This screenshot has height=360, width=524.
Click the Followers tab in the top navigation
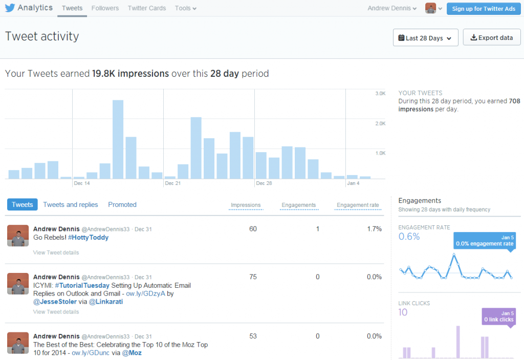[105, 8]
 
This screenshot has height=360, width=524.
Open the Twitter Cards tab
[147, 8]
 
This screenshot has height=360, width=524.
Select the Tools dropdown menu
[185, 8]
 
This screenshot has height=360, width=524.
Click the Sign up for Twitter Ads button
[484, 9]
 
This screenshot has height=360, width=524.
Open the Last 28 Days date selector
[425, 38]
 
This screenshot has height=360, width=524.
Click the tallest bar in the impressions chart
[118, 139]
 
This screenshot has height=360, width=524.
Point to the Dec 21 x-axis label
[173, 183]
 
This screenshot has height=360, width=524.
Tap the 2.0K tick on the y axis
[380, 123]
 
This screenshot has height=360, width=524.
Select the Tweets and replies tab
[71, 204]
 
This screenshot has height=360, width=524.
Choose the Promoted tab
[122, 204]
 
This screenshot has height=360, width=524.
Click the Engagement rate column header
[358, 205]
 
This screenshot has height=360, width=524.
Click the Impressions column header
[246, 205]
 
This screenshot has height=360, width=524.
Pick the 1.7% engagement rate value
[374, 229]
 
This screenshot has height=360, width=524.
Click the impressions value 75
[253, 277]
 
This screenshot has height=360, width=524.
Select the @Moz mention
[133, 353]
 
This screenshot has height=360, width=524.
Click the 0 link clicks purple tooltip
[499, 316]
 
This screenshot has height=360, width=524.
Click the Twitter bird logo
[10, 8]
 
